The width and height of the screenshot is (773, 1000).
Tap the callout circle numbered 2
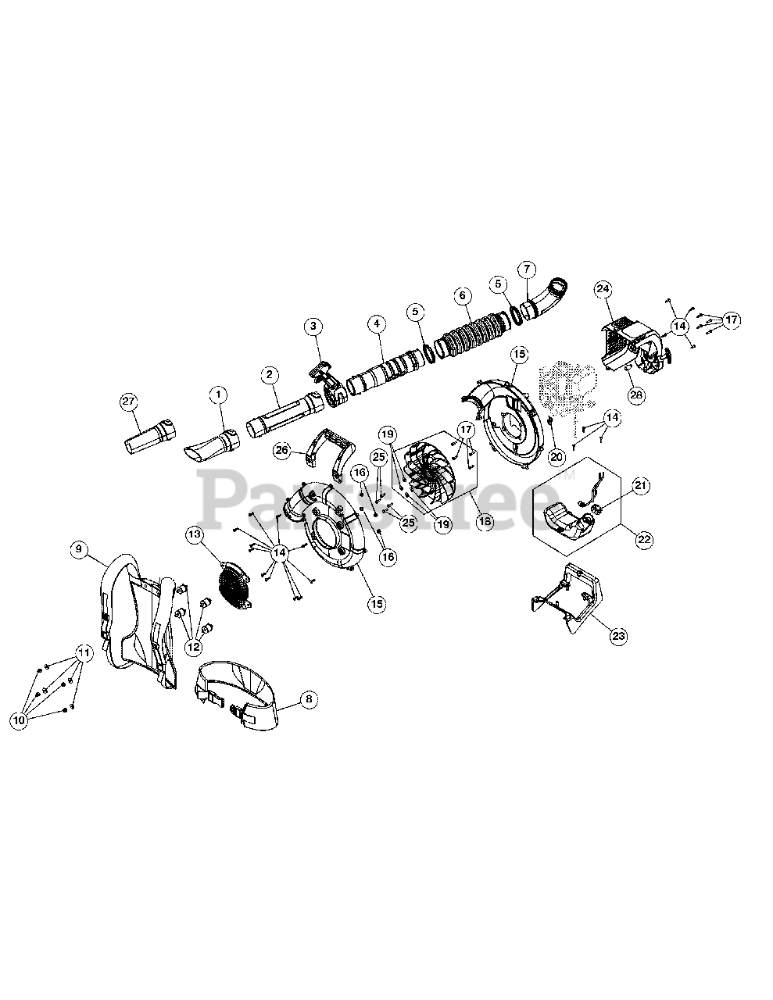coord(269,375)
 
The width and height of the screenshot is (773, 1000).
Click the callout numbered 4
coord(378,322)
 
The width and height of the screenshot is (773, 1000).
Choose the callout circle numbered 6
coord(462,295)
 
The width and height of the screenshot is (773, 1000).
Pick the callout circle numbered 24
coord(603,289)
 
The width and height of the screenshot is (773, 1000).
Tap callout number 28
coord(636,395)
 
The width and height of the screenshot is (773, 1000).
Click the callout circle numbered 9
coord(78,549)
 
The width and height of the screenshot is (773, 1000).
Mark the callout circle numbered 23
coord(618,636)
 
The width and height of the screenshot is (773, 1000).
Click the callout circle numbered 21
coord(640,486)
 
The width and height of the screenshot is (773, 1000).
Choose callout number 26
coord(283,450)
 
